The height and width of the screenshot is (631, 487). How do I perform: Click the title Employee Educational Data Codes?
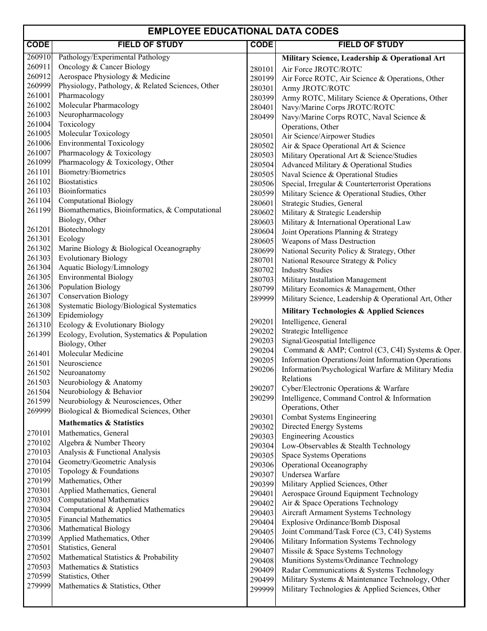click(243, 31)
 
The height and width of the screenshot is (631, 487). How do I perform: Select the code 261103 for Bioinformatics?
click(39, 191)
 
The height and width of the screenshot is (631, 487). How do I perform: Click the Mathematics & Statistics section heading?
click(101, 423)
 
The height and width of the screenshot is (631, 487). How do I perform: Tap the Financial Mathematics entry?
click(94, 519)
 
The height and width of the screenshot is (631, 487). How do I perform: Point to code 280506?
click(262, 184)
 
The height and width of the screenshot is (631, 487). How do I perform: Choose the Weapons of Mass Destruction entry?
click(328, 242)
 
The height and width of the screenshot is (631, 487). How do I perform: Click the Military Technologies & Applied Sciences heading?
click(353, 311)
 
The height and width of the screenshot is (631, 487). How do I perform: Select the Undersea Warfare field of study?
click(310, 475)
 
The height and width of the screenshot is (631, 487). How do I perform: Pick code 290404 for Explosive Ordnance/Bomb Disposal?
click(262, 522)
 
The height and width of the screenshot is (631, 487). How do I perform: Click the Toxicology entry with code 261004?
click(76, 124)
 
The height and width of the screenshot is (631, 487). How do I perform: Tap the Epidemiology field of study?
click(80, 316)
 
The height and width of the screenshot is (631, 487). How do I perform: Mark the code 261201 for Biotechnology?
click(39, 230)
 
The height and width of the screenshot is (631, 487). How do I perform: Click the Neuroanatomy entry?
click(82, 373)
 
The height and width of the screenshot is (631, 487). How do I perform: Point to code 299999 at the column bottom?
click(262, 589)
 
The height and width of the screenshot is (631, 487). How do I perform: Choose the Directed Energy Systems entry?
click(321, 427)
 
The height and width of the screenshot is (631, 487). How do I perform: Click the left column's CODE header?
click(38, 45)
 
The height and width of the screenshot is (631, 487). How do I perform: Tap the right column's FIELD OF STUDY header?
click(370, 45)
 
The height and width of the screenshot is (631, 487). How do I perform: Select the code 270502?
click(39, 558)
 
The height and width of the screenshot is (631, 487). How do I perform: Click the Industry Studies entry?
click(307, 270)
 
